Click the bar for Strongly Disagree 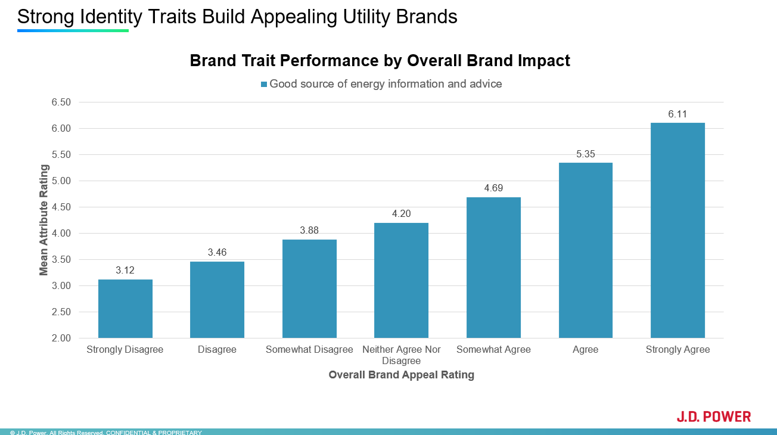tap(125, 309)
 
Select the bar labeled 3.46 tap(217, 300)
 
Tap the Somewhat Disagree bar tap(309, 288)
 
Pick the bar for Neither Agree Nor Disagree tap(401, 280)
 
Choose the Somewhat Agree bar tap(493, 268)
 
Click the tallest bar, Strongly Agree tap(677, 230)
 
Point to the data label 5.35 tap(585, 154)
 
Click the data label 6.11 tap(677, 114)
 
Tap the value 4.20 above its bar tap(401, 214)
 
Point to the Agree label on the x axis tap(585, 350)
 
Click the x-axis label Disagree tap(217, 350)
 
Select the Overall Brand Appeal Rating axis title tap(401, 375)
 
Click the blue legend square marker tap(264, 85)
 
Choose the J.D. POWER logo tap(713, 417)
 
